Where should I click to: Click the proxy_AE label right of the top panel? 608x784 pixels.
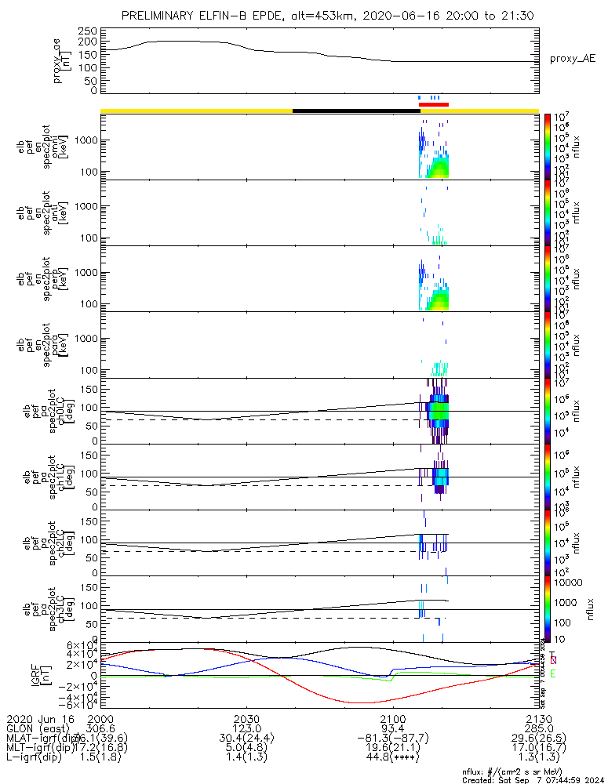pos(573,58)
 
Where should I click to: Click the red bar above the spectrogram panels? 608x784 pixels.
pos(433,103)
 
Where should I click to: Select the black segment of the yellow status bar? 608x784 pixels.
pos(356,111)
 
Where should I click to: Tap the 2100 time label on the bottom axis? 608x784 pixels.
pos(393,718)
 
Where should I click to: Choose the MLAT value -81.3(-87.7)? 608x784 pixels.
pos(393,739)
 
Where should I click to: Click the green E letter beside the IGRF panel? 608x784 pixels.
pos(553,673)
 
